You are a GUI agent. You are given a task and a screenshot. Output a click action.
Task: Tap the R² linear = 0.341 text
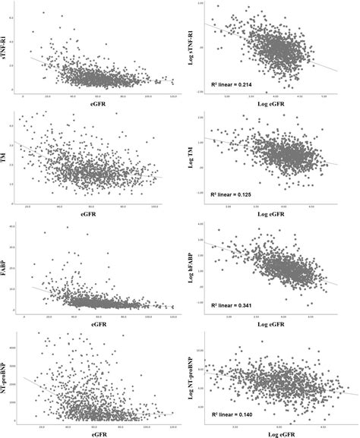[x=233, y=304]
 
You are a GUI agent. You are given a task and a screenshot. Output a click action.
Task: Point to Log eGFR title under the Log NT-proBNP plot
[x=275, y=432]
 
